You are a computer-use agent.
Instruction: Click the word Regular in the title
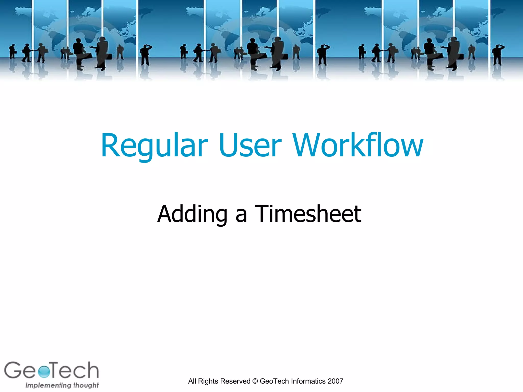click(x=154, y=145)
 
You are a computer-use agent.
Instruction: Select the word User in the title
click(x=250, y=145)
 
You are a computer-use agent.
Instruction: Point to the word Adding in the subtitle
click(x=192, y=214)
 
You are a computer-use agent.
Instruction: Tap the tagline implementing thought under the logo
click(x=62, y=385)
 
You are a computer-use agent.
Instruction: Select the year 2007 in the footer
click(x=335, y=381)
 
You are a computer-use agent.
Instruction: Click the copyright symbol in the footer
click(x=255, y=381)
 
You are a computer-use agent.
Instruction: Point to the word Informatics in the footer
click(x=308, y=381)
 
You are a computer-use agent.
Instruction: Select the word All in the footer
click(x=192, y=381)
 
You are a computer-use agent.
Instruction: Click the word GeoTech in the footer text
click(x=274, y=381)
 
